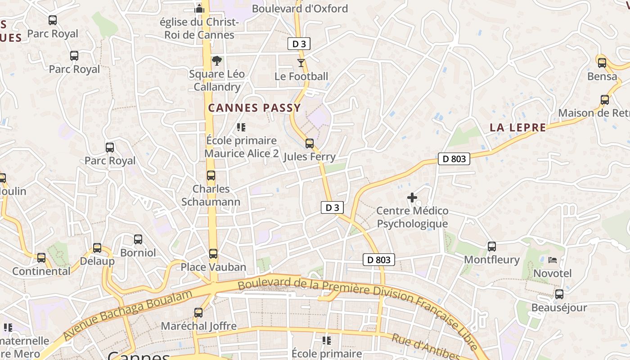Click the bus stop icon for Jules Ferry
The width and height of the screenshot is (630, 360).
(309, 144)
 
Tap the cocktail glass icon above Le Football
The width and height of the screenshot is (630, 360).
(301, 63)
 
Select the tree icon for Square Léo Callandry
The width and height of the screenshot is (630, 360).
(217, 61)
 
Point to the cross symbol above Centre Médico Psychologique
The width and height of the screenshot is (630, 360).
(412, 198)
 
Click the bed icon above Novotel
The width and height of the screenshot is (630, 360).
(553, 260)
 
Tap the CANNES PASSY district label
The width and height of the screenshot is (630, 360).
(254, 108)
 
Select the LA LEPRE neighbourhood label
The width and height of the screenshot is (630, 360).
(517, 127)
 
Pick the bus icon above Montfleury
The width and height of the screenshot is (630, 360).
(491, 247)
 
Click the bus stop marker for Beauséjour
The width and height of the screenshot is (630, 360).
(559, 294)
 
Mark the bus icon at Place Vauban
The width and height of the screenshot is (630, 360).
(213, 254)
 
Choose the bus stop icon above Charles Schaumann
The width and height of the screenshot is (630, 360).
(211, 175)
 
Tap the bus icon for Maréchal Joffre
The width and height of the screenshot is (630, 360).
(198, 312)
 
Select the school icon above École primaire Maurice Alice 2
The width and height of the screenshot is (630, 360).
(241, 127)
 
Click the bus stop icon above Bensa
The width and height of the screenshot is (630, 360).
(602, 63)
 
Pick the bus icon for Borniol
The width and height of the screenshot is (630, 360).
(138, 239)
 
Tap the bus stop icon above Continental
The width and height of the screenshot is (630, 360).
(41, 258)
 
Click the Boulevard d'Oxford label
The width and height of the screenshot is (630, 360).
(300, 9)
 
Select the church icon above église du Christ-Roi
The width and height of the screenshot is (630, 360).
(199, 9)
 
